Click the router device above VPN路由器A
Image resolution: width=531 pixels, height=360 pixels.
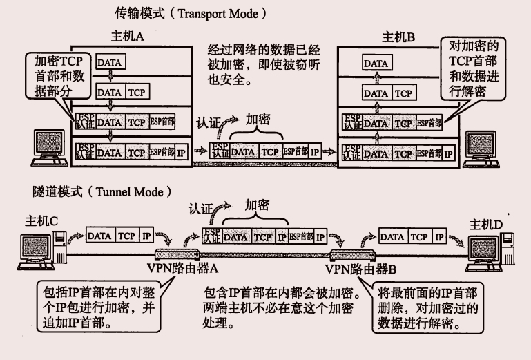click(x=169, y=253)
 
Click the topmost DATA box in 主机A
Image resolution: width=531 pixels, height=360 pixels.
click(x=109, y=63)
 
